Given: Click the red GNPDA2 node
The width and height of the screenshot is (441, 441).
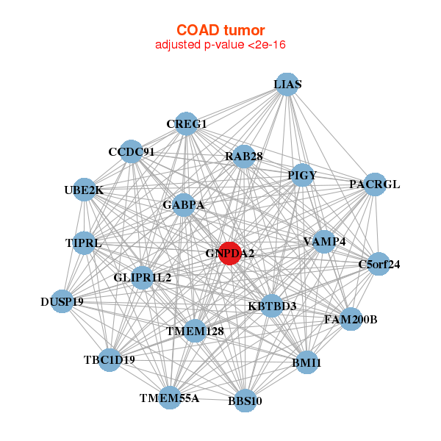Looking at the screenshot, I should [x=230, y=254].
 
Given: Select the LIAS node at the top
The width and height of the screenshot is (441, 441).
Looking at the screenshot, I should [x=287, y=85].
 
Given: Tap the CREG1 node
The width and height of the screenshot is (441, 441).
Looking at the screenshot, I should [x=187, y=123].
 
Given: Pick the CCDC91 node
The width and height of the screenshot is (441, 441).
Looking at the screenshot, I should [x=131, y=152].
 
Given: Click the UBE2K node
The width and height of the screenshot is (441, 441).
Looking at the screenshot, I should [x=85, y=190].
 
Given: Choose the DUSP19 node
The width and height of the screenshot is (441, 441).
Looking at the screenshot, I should [x=62, y=301].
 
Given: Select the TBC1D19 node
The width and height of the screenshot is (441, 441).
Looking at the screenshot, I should [x=109, y=360].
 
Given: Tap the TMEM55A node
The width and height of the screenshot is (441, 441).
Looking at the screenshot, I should [x=170, y=398].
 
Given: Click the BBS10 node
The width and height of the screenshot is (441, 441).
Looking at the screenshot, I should [x=245, y=401].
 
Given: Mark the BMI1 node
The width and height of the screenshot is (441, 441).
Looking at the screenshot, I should [x=306, y=362].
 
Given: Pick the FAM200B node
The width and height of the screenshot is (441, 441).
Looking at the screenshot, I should [x=351, y=320].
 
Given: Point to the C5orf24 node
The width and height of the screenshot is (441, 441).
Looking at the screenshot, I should [x=379, y=264].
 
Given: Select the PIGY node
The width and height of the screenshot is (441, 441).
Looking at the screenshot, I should [x=302, y=175].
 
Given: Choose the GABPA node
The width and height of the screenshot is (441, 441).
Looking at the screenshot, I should [x=184, y=204].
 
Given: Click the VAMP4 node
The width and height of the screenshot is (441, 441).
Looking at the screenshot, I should [x=324, y=241].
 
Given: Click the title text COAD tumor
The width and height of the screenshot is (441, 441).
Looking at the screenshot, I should [x=220, y=30].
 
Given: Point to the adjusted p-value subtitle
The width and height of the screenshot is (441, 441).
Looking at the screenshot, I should [x=220, y=45].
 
